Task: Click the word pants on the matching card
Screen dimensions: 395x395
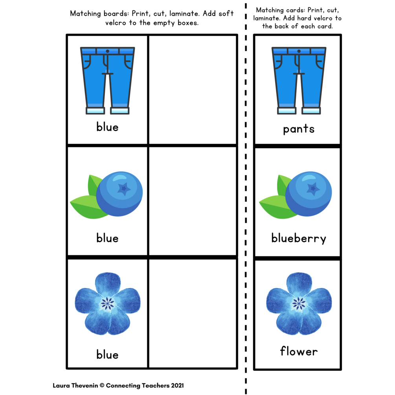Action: click(299, 129)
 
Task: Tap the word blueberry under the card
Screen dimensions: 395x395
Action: click(299, 238)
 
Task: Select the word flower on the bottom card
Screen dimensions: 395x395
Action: click(299, 351)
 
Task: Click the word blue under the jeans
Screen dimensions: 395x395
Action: click(107, 127)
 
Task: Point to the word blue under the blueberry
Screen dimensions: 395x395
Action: click(107, 238)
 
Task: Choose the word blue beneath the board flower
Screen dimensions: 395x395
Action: click(107, 355)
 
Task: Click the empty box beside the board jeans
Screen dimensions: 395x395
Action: click(193, 90)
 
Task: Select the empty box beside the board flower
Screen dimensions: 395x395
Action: click(193, 313)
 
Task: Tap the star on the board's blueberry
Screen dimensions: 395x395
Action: click(124, 189)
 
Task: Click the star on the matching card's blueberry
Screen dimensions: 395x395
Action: click(313, 189)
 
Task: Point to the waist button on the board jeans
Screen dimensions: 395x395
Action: click(107, 51)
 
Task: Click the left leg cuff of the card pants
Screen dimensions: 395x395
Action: click(287, 110)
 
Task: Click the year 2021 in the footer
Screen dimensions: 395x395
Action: click(176, 386)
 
